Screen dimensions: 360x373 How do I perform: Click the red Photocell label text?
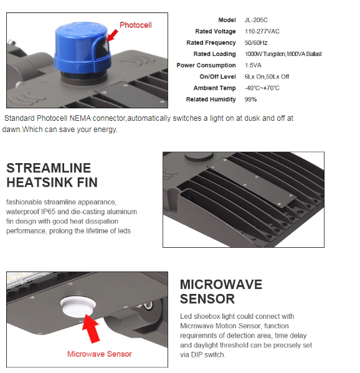pyautogui.click(x=135, y=25)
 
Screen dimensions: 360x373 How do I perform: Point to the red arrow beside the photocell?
pyautogui.click(x=112, y=35)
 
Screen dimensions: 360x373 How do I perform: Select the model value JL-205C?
pyautogui.click(x=256, y=20)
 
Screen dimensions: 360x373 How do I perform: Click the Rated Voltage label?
pyautogui.click(x=216, y=31)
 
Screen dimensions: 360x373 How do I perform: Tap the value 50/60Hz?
pyautogui.click(x=256, y=43)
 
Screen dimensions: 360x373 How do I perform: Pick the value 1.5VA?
pyautogui.click(x=253, y=65)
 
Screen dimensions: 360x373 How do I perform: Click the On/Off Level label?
pyautogui.click(x=217, y=77)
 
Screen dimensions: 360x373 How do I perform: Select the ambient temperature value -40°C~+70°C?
pyautogui.click(x=262, y=88)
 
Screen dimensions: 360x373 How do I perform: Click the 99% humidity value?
pyautogui.click(x=250, y=100)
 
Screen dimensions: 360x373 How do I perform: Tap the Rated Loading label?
pyautogui.click(x=214, y=54)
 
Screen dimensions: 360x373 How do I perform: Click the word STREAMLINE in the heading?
pyautogui.click(x=49, y=168)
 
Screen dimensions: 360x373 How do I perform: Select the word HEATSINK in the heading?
pyautogui.click(x=36, y=182)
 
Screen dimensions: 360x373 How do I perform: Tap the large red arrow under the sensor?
pyautogui.click(x=91, y=328)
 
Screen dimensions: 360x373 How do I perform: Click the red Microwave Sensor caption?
pyautogui.click(x=100, y=354)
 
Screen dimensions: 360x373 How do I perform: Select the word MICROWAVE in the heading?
pyautogui.click(x=221, y=285)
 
